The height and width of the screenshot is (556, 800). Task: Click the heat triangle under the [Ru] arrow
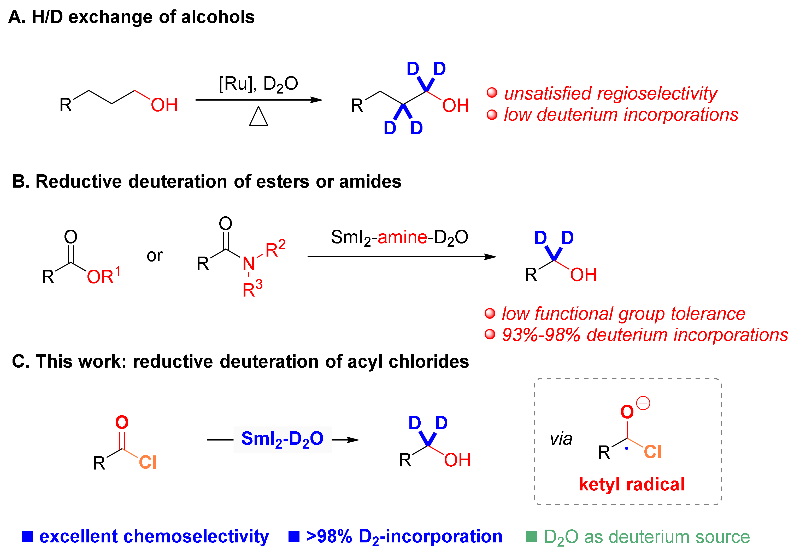point(258,117)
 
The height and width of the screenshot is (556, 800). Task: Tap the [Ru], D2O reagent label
point(258,84)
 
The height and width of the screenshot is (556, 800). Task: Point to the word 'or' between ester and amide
point(155,256)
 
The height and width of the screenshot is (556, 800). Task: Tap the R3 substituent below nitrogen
point(252,289)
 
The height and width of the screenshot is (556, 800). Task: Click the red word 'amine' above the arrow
point(402,237)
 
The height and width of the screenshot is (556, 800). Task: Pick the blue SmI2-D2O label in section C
point(282,439)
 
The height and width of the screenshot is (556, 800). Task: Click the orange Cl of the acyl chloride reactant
point(148,462)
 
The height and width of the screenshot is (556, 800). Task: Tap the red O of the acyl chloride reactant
point(122,422)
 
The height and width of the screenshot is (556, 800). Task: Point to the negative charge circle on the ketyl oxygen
point(643,403)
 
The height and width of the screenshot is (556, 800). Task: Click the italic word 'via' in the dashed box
point(561,439)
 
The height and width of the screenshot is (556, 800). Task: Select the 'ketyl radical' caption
point(632,484)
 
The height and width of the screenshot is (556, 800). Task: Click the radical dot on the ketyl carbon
point(627,448)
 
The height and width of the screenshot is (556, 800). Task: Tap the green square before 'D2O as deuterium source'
point(532,536)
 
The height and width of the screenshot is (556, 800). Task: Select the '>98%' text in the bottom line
point(329,536)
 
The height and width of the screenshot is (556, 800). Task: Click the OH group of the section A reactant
point(164,105)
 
